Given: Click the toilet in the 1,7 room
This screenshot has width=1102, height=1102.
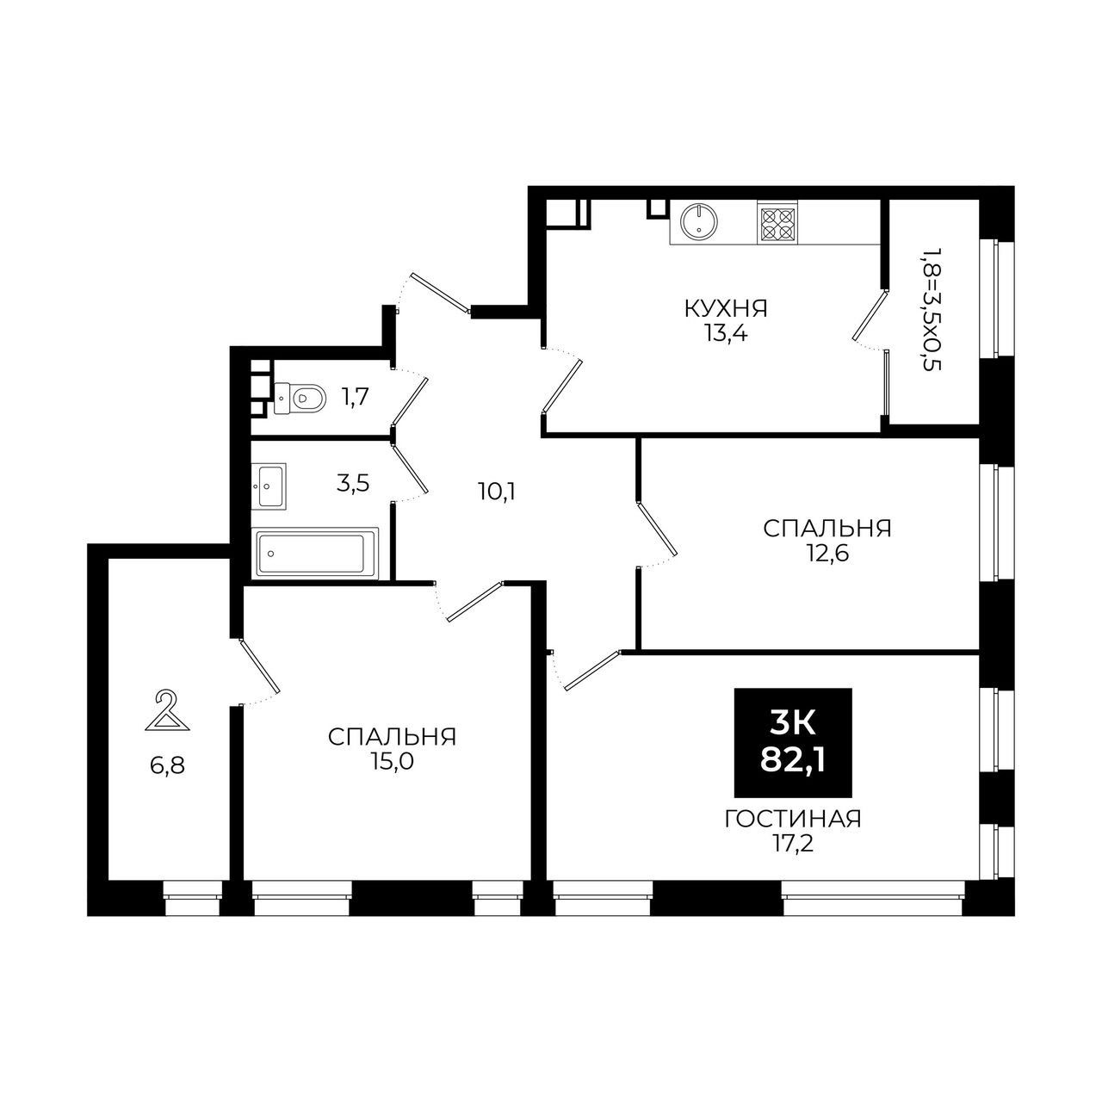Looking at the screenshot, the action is pyautogui.click(x=300, y=397).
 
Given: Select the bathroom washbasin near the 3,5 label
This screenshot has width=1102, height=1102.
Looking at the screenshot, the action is pyautogui.click(x=269, y=486).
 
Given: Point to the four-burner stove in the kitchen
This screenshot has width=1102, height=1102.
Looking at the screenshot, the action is pyautogui.click(x=777, y=223).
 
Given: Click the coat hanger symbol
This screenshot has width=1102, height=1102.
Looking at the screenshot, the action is pyautogui.click(x=167, y=711).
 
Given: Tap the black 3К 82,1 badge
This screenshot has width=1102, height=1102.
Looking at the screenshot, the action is pyautogui.click(x=793, y=742).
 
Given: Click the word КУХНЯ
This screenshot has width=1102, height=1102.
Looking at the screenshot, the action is pyautogui.click(x=726, y=309).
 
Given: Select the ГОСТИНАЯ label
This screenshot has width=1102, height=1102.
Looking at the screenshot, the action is pyautogui.click(x=793, y=819).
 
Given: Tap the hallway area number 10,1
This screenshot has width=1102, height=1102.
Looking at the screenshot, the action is pyautogui.click(x=497, y=491).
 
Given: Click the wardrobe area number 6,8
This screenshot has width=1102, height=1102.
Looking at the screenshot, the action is pyautogui.click(x=168, y=765).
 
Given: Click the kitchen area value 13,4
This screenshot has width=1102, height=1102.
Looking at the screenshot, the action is pyautogui.click(x=727, y=333).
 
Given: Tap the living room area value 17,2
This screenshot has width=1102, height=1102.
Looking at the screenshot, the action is pyautogui.click(x=792, y=843).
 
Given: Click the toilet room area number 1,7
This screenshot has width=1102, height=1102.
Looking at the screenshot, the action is pyautogui.click(x=355, y=396).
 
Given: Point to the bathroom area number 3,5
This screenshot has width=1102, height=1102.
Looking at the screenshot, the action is pyautogui.click(x=353, y=483).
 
